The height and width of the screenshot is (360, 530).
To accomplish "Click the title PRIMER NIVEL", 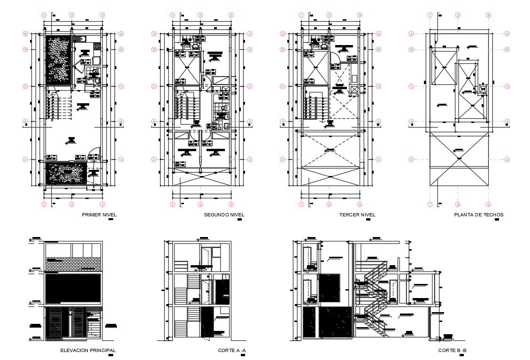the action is [99, 215].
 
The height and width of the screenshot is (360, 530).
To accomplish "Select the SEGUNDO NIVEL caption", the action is [224, 215].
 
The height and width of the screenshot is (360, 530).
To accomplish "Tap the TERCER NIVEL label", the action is [357, 215].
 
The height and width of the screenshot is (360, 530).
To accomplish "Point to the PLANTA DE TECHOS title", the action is [478, 215].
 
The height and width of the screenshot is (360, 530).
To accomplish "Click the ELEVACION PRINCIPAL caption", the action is [88, 350].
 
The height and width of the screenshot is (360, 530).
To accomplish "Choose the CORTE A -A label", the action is [232, 350].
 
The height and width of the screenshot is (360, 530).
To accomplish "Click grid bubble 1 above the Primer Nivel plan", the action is [44, 15].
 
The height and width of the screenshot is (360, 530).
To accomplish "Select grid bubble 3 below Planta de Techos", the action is [488, 205].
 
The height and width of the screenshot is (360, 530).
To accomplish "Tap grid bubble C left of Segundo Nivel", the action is [154, 86].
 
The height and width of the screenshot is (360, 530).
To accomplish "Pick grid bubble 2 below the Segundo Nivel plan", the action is [200, 205].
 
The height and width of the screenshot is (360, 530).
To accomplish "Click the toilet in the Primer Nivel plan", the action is [95, 72].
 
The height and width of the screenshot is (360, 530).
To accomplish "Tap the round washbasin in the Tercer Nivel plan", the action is [323, 47].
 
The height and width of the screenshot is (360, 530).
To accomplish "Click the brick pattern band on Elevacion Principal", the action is [74, 263].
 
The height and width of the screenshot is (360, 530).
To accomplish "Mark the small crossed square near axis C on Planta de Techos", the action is [483, 88].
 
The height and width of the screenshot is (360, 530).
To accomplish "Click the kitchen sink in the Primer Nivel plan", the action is [82, 38].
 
